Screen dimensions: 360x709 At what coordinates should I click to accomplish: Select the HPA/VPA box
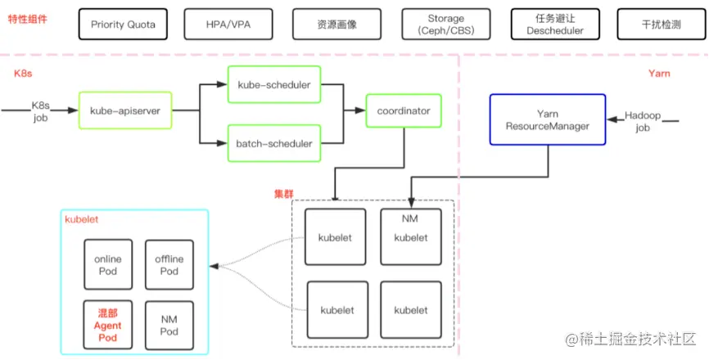(x=229, y=25)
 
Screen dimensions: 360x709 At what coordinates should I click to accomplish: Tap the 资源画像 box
(x=337, y=25)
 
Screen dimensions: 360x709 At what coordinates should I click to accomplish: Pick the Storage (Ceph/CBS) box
(x=445, y=25)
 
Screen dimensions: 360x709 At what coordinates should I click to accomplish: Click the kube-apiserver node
(x=125, y=110)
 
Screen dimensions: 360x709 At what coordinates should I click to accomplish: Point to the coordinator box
(x=404, y=110)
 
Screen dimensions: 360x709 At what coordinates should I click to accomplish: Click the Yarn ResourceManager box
(x=547, y=119)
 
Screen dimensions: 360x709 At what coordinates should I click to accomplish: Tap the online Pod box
(x=108, y=265)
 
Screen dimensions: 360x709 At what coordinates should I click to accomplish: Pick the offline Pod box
(x=169, y=265)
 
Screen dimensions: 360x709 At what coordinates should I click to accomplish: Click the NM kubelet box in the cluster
(x=410, y=232)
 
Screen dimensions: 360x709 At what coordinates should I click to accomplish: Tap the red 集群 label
(x=283, y=194)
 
